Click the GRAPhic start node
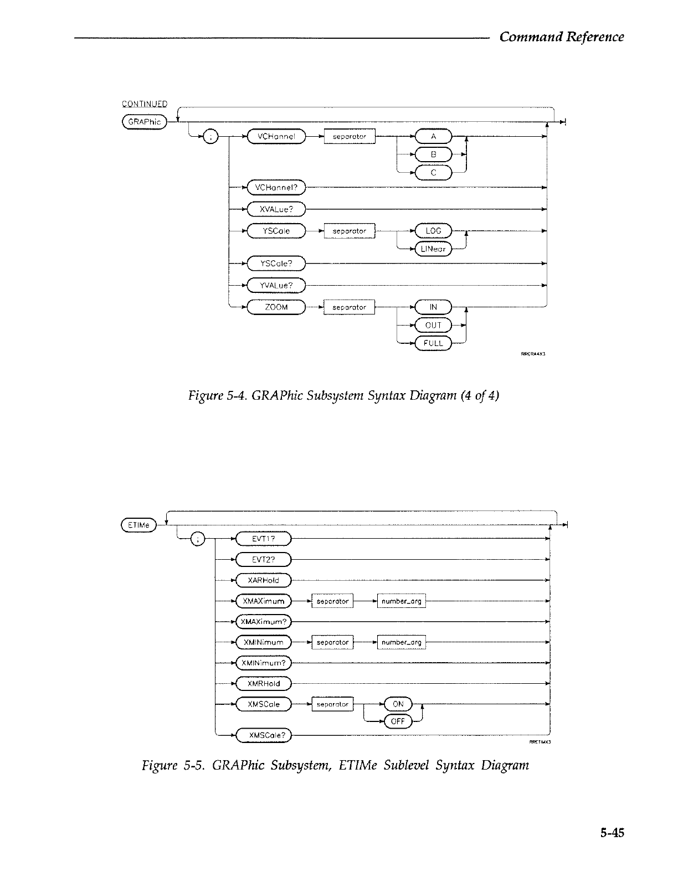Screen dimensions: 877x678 144,122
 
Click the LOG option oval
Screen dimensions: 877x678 433,231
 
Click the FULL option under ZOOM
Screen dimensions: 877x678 433,343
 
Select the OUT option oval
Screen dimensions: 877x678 433,325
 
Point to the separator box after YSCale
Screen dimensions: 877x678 350,231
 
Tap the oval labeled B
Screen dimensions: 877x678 433,154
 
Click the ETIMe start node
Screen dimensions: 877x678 138,525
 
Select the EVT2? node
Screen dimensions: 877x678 264,560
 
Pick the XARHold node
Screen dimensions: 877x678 264,580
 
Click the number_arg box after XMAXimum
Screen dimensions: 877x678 402,601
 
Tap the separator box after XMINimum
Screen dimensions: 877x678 332,642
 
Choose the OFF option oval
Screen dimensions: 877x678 398,721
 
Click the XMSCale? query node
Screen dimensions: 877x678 264,735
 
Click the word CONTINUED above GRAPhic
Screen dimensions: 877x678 145,104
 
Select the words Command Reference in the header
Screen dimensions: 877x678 561,37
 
